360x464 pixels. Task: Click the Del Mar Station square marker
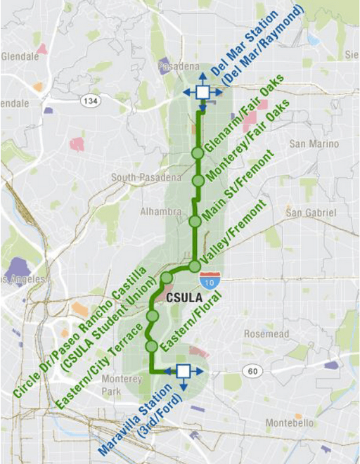pyautogui.click(x=202, y=92)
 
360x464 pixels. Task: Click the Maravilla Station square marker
pyautogui.click(x=184, y=371)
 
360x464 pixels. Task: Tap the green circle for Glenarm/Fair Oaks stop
pyautogui.click(x=198, y=153)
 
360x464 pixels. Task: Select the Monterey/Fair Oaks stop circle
pyautogui.click(x=198, y=181)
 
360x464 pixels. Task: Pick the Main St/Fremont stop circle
pyautogui.click(x=195, y=221)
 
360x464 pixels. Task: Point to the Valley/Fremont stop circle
pyautogui.click(x=194, y=266)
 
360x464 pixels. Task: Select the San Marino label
pyautogui.click(x=309, y=144)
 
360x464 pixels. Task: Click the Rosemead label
pyautogui.click(x=262, y=334)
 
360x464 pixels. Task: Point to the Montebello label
pyautogui.click(x=289, y=423)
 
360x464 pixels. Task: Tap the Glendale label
pyautogui.click(x=20, y=56)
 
